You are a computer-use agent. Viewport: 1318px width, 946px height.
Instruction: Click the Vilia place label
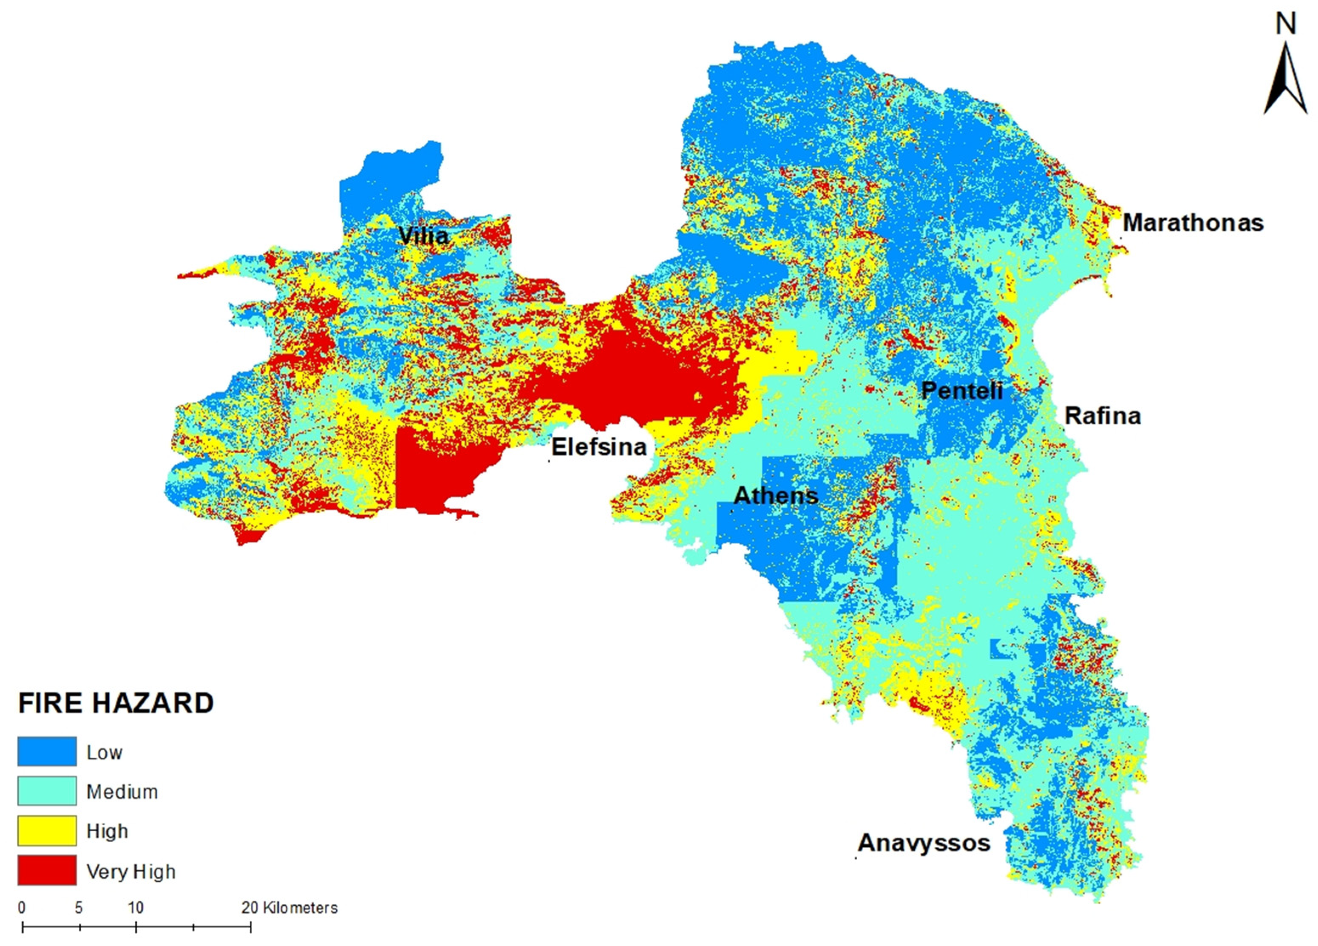pyautogui.click(x=423, y=236)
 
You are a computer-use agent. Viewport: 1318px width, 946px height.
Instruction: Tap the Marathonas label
pyautogui.click(x=1193, y=223)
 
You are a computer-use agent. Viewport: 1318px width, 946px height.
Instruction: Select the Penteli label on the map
pyautogui.click(x=962, y=390)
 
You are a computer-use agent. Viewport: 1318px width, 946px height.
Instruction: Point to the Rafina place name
pyautogui.click(x=1103, y=416)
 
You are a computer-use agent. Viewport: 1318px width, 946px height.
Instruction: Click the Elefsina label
pyautogui.click(x=598, y=446)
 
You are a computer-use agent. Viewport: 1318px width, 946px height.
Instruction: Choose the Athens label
pyautogui.click(x=775, y=495)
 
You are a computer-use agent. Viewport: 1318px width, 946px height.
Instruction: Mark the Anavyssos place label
pyautogui.click(x=924, y=843)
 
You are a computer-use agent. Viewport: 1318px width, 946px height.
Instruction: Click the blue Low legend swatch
pyautogui.click(x=47, y=751)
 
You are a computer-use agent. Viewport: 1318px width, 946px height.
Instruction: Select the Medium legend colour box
pyautogui.click(x=47, y=791)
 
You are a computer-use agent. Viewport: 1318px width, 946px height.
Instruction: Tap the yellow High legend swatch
pyautogui.click(x=47, y=830)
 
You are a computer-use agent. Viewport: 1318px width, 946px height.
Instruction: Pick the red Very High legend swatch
pyautogui.click(x=47, y=870)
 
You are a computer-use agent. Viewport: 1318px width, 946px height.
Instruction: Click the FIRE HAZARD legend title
pyautogui.click(x=116, y=703)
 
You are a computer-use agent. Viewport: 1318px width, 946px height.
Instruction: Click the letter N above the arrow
pyautogui.click(x=1285, y=24)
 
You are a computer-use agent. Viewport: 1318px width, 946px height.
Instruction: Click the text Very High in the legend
pyautogui.click(x=131, y=872)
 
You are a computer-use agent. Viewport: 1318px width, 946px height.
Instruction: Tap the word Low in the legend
pyautogui.click(x=105, y=753)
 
